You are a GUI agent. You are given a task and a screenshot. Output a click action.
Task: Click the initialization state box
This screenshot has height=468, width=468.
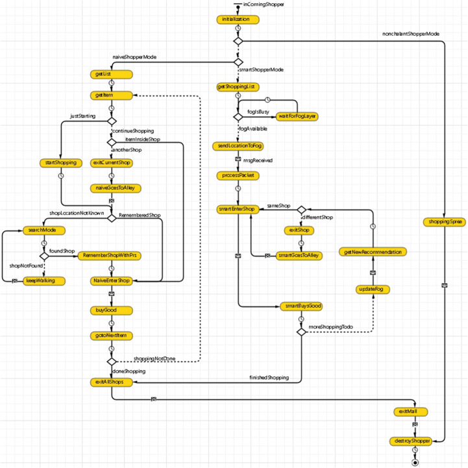pyautogui.click(x=238, y=19)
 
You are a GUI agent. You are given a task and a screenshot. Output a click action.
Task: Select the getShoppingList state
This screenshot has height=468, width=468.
pyautogui.click(x=238, y=86)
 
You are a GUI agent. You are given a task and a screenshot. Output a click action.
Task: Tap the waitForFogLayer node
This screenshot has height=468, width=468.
pyautogui.click(x=297, y=116)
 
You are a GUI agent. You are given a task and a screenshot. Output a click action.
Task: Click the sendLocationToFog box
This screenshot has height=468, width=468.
pyautogui.click(x=238, y=146)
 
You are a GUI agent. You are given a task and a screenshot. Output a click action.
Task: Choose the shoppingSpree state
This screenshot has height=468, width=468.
pyautogui.click(x=445, y=223)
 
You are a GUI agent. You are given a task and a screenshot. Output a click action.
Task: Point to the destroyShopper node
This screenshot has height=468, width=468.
pyautogui.click(x=413, y=441)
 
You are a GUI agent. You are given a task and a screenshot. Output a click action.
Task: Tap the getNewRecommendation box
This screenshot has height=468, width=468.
pyautogui.click(x=373, y=252)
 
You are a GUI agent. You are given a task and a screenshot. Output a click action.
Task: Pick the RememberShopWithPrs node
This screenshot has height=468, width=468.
pyautogui.click(x=112, y=256)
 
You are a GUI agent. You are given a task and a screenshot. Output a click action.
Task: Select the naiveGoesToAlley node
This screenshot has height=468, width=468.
pyautogui.click(x=112, y=188)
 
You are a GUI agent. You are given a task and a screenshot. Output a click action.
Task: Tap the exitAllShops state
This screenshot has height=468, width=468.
pyautogui.click(x=112, y=382)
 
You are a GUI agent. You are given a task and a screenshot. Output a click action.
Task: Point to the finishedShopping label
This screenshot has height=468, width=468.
pyautogui.click(x=269, y=377)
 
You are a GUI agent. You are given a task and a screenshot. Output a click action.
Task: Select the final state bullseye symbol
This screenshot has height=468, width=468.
pyautogui.click(x=414, y=462)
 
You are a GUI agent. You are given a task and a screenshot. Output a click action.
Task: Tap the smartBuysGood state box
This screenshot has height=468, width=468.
pyautogui.click(x=301, y=306)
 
